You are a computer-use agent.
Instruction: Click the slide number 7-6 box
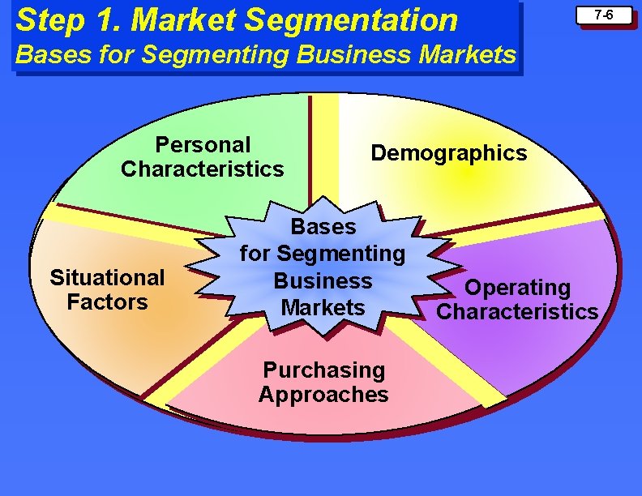pos(602,15)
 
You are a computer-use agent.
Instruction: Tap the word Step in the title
pos(44,19)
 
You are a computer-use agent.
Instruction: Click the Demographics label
pos(448,153)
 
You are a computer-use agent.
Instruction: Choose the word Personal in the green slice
pos(203,145)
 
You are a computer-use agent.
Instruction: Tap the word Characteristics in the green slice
pos(203,169)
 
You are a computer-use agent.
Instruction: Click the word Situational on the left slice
pos(107,278)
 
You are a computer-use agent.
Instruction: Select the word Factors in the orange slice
pos(107,302)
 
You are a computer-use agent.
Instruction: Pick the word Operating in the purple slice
pos(517,288)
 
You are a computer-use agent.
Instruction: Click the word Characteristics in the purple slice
pos(517,312)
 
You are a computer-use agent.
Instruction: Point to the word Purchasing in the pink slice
pos(323,370)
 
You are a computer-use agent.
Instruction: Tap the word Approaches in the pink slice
pos(323,395)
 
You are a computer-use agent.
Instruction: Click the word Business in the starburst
pos(323,281)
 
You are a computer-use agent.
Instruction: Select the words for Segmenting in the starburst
pos(323,254)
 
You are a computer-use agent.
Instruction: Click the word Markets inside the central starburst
pos(323,308)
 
